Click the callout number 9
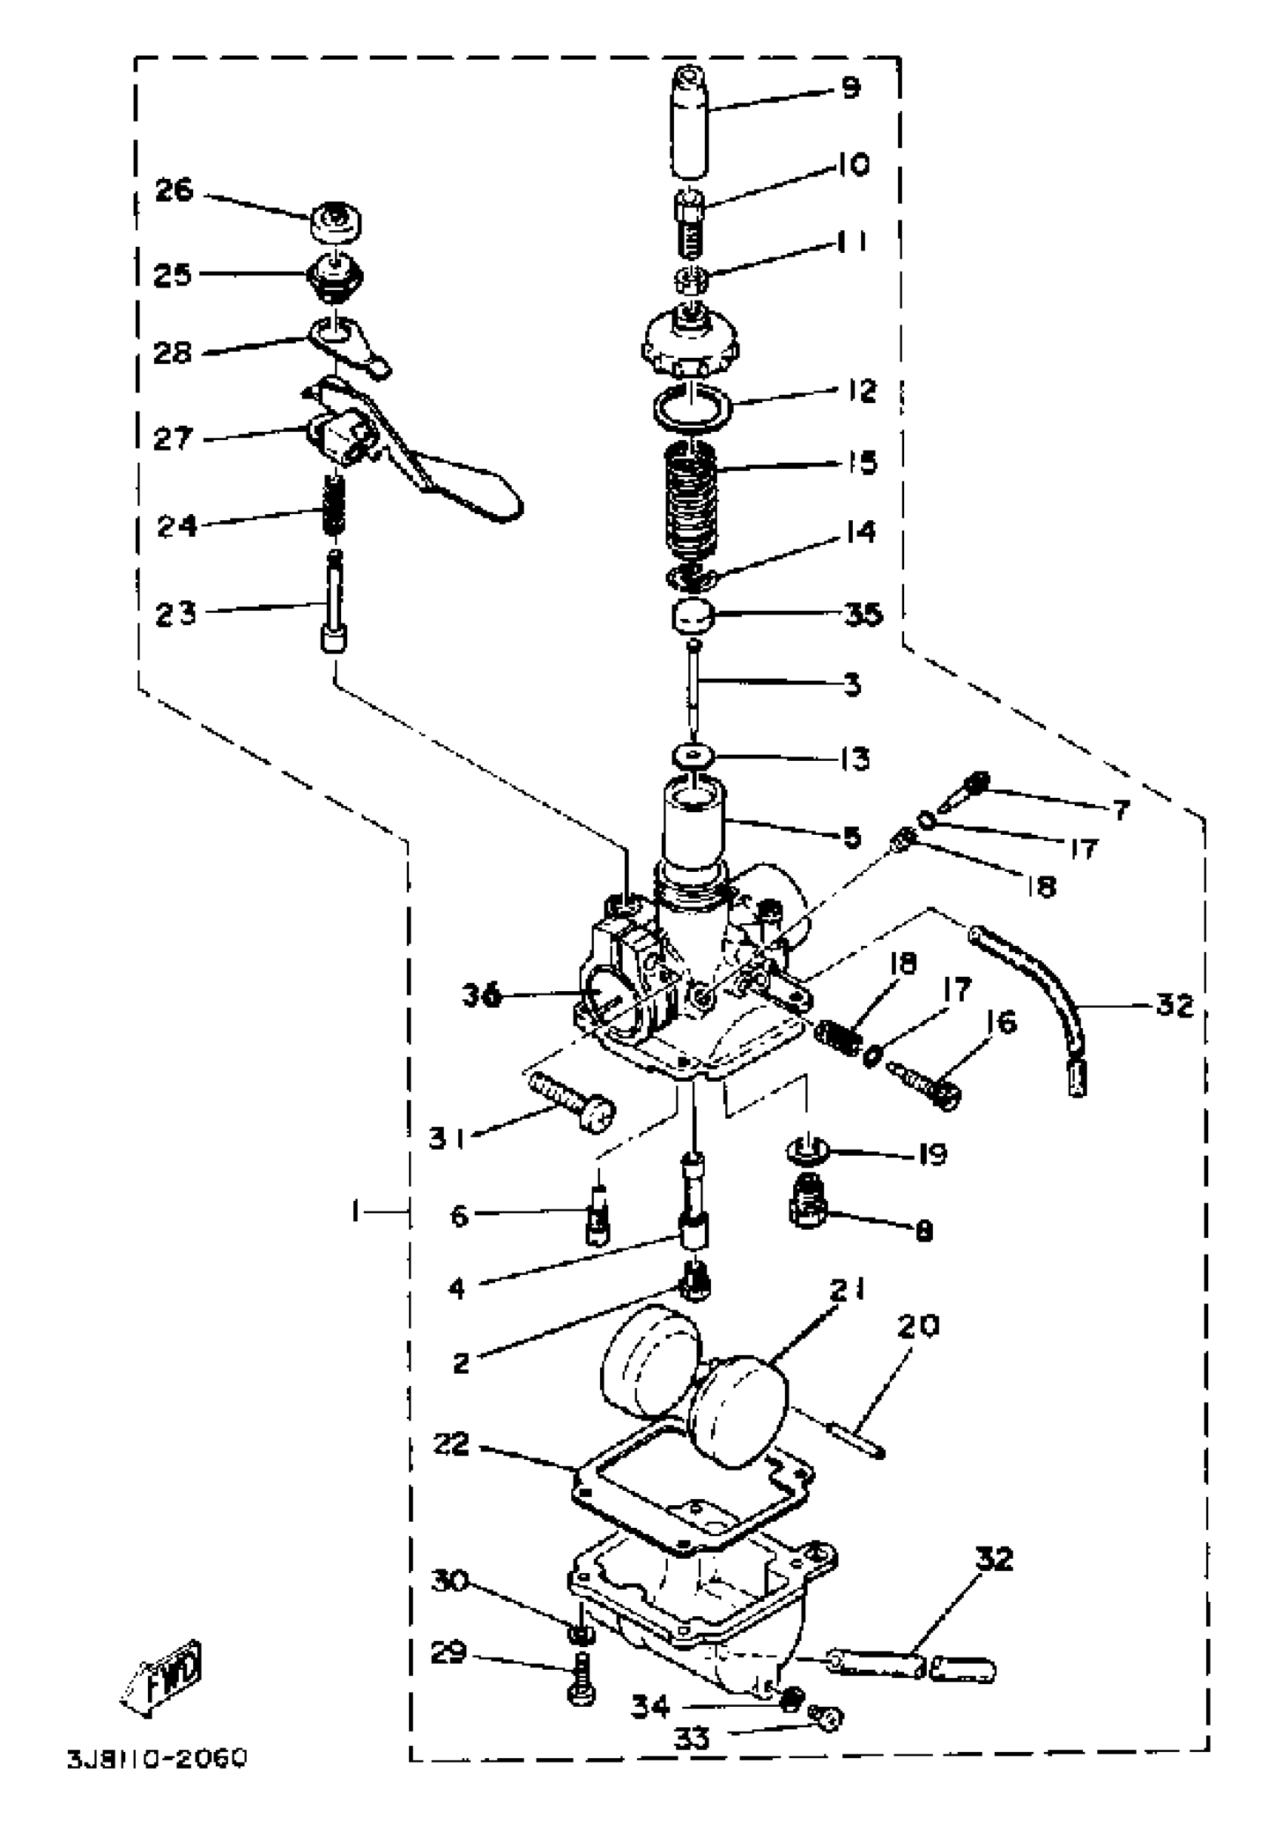pos(851,87)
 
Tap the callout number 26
pos(174,190)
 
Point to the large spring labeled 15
pos(690,501)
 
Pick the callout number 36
pos(482,995)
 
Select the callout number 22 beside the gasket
pos(451,1444)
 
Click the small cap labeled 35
pos(691,614)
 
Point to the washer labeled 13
pos(691,754)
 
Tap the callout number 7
pos(1120,811)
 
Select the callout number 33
pos(691,1738)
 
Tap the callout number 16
pos(1005,1021)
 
